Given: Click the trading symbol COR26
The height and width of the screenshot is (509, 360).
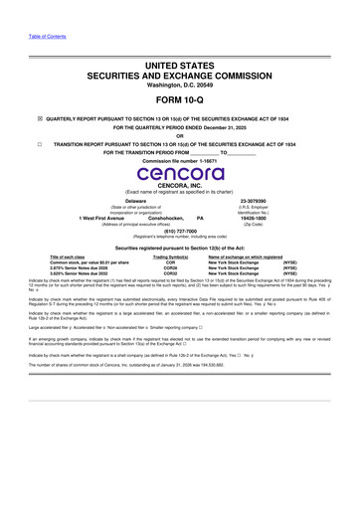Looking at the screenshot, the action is point(170,268).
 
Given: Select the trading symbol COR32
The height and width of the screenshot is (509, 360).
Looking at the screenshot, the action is point(170,274).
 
